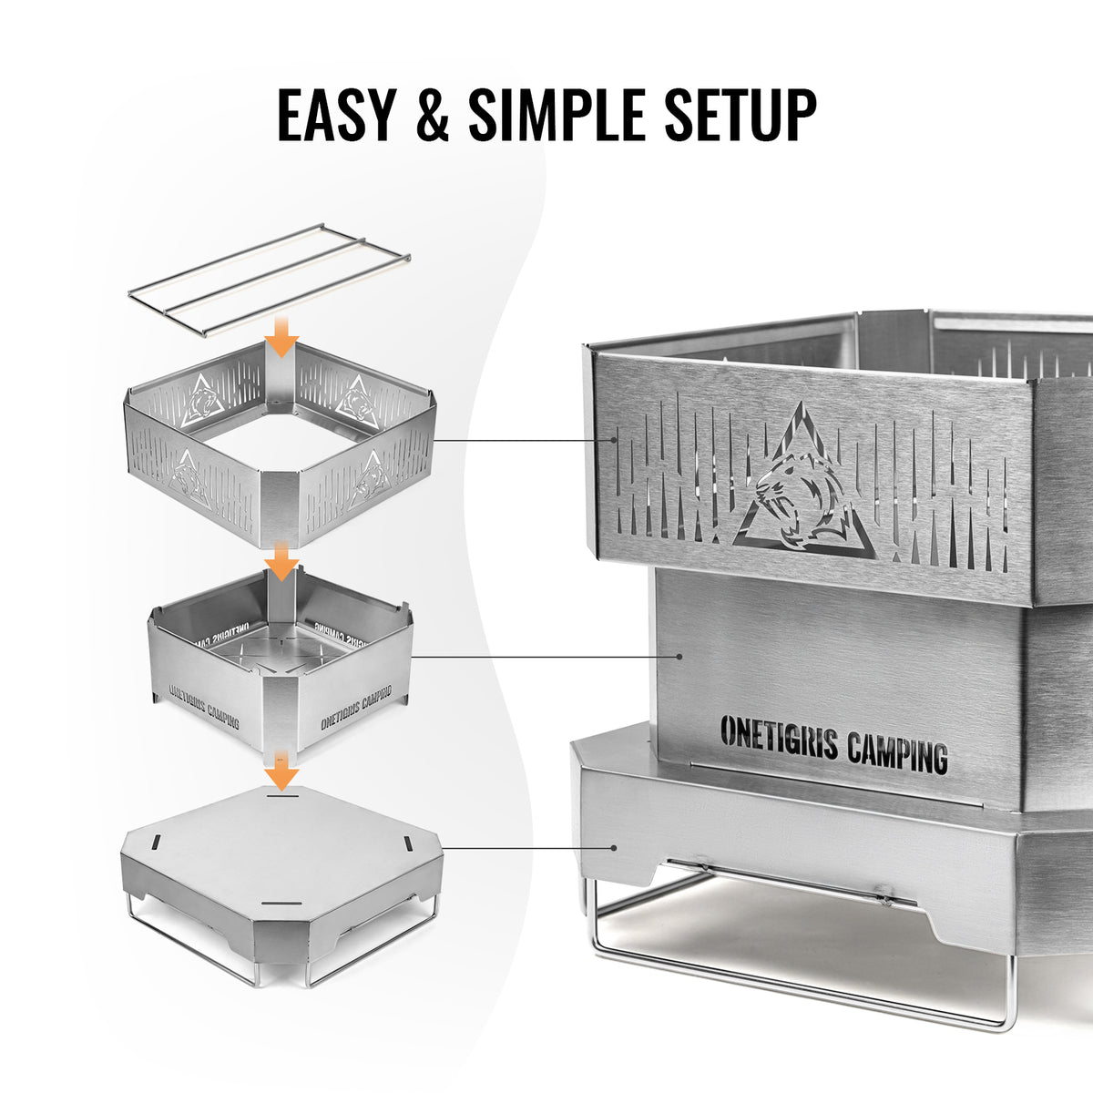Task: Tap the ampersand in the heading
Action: (428, 116)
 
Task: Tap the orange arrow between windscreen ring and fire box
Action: (283, 561)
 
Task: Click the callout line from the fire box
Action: (546, 656)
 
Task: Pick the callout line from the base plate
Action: (528, 847)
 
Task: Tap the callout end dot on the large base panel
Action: (616, 847)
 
